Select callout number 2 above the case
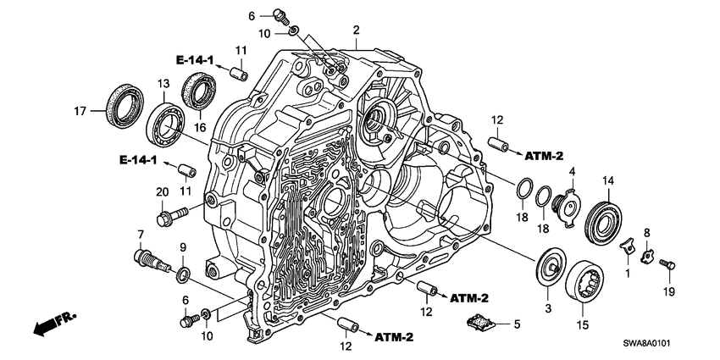(357, 30)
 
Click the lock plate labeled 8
(646, 252)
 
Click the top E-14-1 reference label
(197, 60)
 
